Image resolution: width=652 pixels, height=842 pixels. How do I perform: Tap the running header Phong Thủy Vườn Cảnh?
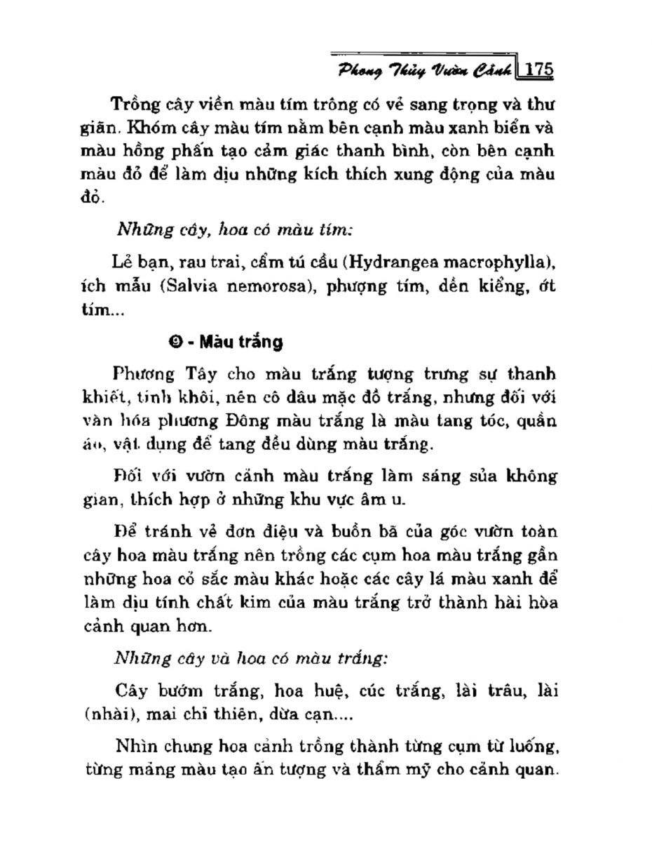pos(425,70)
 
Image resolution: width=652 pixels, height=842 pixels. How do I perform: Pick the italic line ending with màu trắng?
pos(251,659)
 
